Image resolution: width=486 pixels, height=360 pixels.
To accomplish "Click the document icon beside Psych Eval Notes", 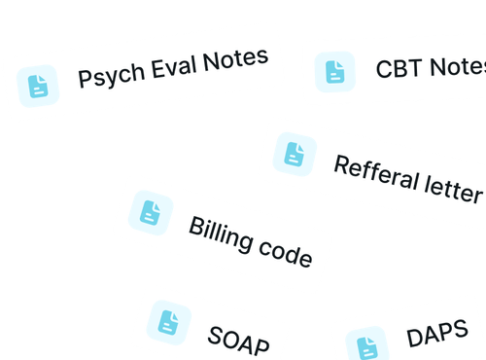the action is click(x=38, y=86).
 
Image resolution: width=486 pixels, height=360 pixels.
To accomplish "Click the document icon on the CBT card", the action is click(x=333, y=71).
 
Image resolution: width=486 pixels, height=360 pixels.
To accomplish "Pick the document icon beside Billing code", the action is click(x=151, y=213).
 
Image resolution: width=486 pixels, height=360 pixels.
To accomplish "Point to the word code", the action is click(x=290, y=256).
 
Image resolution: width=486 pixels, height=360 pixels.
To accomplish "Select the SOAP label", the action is click(x=235, y=340).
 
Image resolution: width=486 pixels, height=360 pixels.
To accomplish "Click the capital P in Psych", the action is click(x=85, y=79).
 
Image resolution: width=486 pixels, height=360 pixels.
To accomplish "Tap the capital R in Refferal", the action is click(x=341, y=164).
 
